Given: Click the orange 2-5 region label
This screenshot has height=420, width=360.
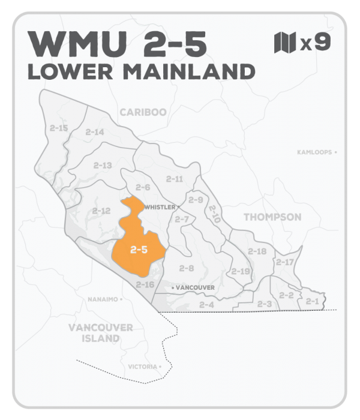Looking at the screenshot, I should click(x=139, y=250).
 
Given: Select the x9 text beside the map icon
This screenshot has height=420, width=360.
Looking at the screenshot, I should click(x=314, y=43).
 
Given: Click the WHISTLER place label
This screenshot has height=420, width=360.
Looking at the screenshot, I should click(x=160, y=207).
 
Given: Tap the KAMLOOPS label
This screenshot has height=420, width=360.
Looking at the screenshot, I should click(x=316, y=152).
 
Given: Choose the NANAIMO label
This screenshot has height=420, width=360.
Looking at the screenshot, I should click(x=102, y=298).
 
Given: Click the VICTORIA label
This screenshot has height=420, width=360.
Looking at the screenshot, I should click(x=143, y=366).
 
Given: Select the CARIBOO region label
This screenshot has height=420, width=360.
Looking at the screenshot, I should click(x=143, y=112).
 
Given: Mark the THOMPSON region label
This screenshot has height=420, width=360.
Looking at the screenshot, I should click(x=272, y=217).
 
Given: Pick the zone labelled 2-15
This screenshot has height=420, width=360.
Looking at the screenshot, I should click(x=59, y=128).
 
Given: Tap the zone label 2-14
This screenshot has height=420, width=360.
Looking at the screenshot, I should click(x=95, y=132).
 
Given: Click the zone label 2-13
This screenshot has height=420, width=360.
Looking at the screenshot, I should click(x=103, y=165).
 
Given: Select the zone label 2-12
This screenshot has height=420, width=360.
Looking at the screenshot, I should click(x=101, y=211).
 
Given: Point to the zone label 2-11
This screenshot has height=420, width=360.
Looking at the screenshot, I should click(x=175, y=179).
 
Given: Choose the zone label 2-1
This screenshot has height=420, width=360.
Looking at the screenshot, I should click(x=311, y=301).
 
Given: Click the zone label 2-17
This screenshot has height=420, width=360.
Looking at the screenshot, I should click(x=285, y=262).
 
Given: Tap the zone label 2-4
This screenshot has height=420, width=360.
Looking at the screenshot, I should click(x=206, y=305).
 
